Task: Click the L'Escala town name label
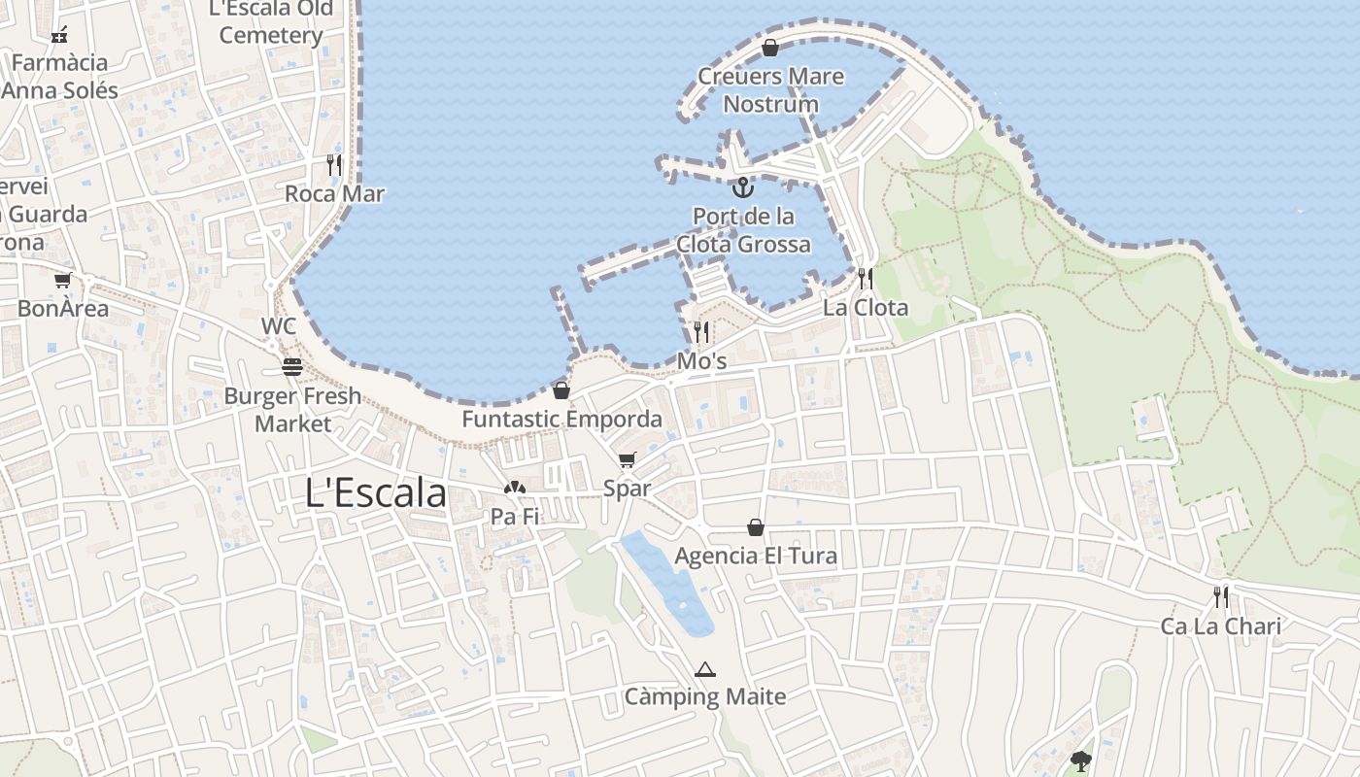tap(376, 492)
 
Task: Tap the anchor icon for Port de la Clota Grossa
tap(743, 186)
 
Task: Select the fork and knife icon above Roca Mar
tap(334, 164)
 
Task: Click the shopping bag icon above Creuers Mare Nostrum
tap(770, 48)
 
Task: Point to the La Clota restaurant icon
tap(865, 279)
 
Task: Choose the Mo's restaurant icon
tap(701, 332)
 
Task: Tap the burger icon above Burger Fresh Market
tap(292, 367)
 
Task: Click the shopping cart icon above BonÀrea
tap(63, 281)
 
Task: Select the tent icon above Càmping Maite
tap(705, 669)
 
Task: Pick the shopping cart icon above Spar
tap(627, 460)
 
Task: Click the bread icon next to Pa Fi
tap(514, 489)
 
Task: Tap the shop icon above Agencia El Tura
tap(756, 527)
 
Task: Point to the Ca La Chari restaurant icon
tap(1221, 597)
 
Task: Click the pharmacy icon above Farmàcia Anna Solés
tap(59, 35)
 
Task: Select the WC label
tap(279, 326)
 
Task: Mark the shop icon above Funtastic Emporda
tap(561, 391)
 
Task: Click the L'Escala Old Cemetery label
tap(271, 21)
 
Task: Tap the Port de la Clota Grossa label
tap(744, 229)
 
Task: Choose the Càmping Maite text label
tap(705, 696)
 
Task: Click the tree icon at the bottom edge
tap(1080, 760)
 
